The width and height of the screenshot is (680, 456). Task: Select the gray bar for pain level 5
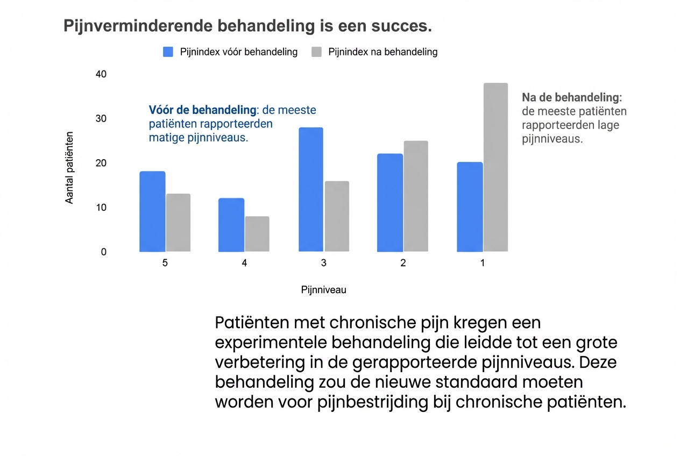178,223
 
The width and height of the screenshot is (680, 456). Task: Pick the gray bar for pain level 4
257,234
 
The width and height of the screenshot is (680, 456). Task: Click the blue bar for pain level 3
311,189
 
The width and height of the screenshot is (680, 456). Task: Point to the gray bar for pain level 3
337,216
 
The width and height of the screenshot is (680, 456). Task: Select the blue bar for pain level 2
390,203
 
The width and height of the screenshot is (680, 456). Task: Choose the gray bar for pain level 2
416,196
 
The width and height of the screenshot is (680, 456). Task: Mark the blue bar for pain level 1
470,207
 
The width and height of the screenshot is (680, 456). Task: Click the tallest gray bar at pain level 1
495,167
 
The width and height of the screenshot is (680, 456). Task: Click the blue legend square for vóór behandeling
168,52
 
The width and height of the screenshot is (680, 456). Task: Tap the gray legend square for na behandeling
317,52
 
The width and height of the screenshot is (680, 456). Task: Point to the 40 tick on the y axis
101,74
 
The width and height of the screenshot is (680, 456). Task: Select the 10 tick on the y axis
101,208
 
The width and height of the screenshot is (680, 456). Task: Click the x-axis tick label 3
323,263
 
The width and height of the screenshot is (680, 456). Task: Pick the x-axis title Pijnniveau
323,290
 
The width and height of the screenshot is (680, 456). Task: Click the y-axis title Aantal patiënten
69,167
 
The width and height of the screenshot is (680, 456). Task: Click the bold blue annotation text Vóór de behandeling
202,110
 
